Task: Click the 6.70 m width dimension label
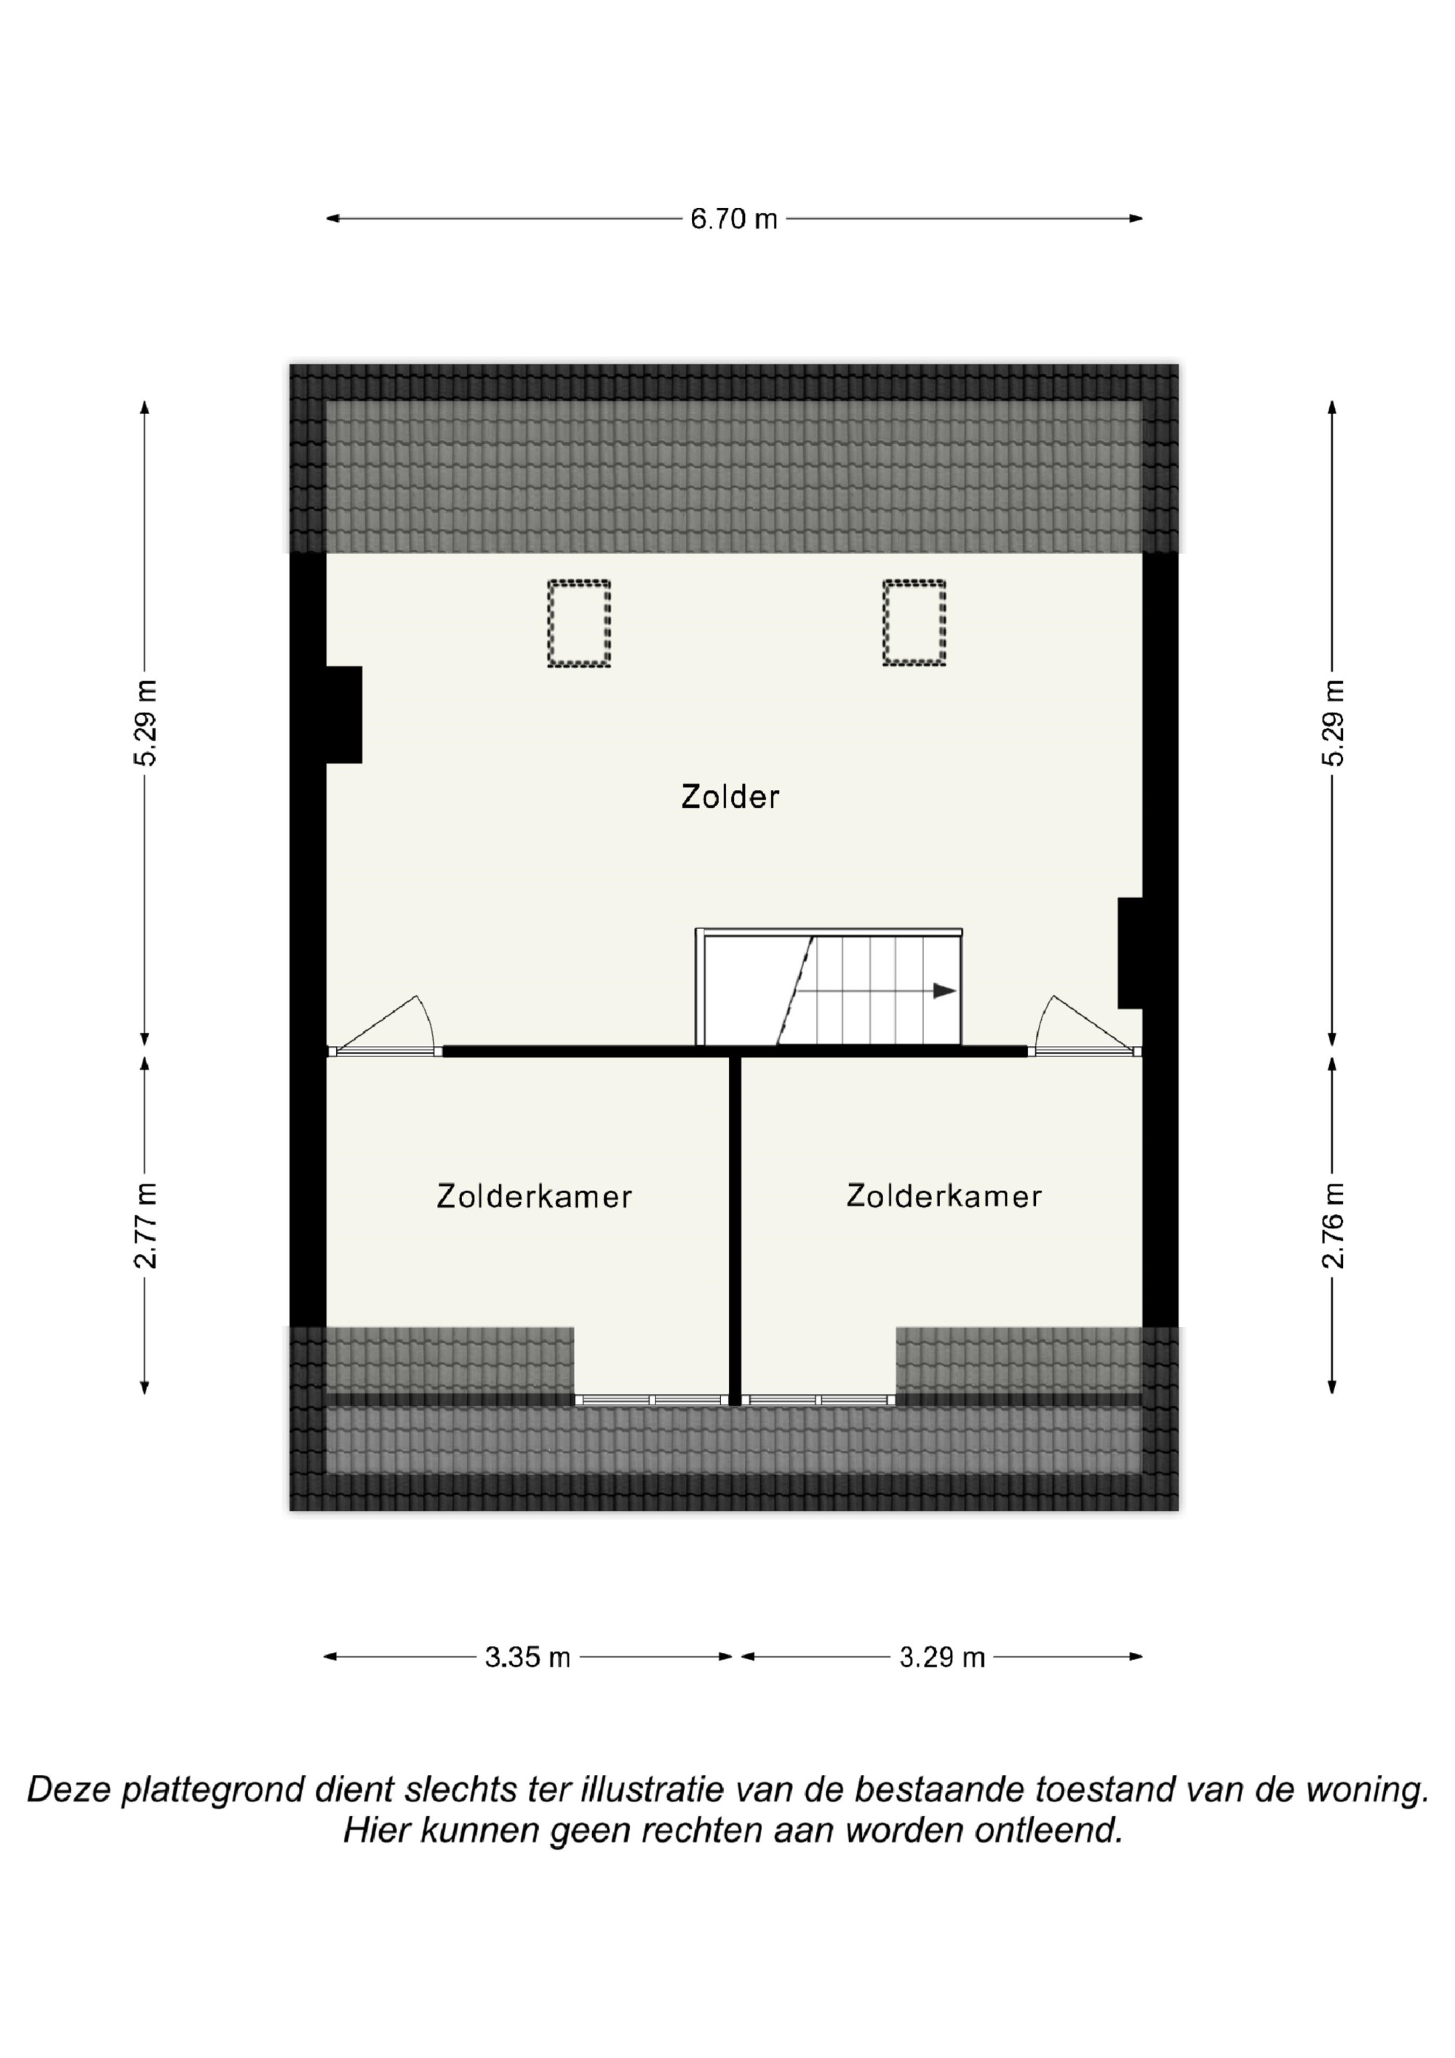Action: [x=733, y=219]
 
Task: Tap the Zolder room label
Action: [x=730, y=797]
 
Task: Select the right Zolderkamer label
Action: [x=944, y=1196]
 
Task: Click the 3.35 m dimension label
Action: [x=528, y=1657]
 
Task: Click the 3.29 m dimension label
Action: [x=942, y=1657]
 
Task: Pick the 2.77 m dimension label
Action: [x=145, y=1225]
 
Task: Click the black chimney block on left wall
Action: [x=343, y=714]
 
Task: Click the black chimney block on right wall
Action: [x=1130, y=953]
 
